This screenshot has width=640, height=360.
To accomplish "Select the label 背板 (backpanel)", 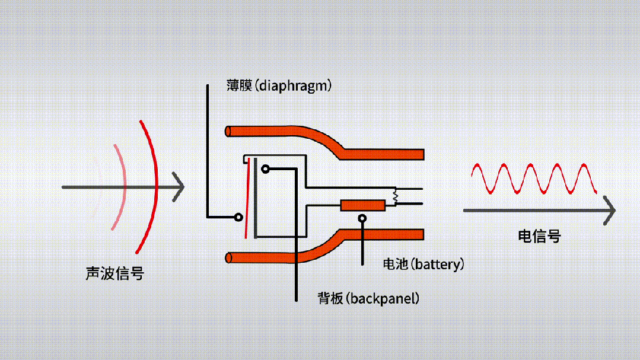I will pos(368,298).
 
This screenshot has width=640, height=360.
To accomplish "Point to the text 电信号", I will pos(539,236).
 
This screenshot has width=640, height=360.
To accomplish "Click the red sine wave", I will pos(534,179).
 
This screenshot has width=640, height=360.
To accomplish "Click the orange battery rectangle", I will pos(362,205).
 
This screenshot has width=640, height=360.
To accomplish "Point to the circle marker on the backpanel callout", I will pos(265,169).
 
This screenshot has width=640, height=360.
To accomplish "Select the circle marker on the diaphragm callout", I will pos(238,216).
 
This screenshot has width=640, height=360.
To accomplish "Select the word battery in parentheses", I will pos(438,264).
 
